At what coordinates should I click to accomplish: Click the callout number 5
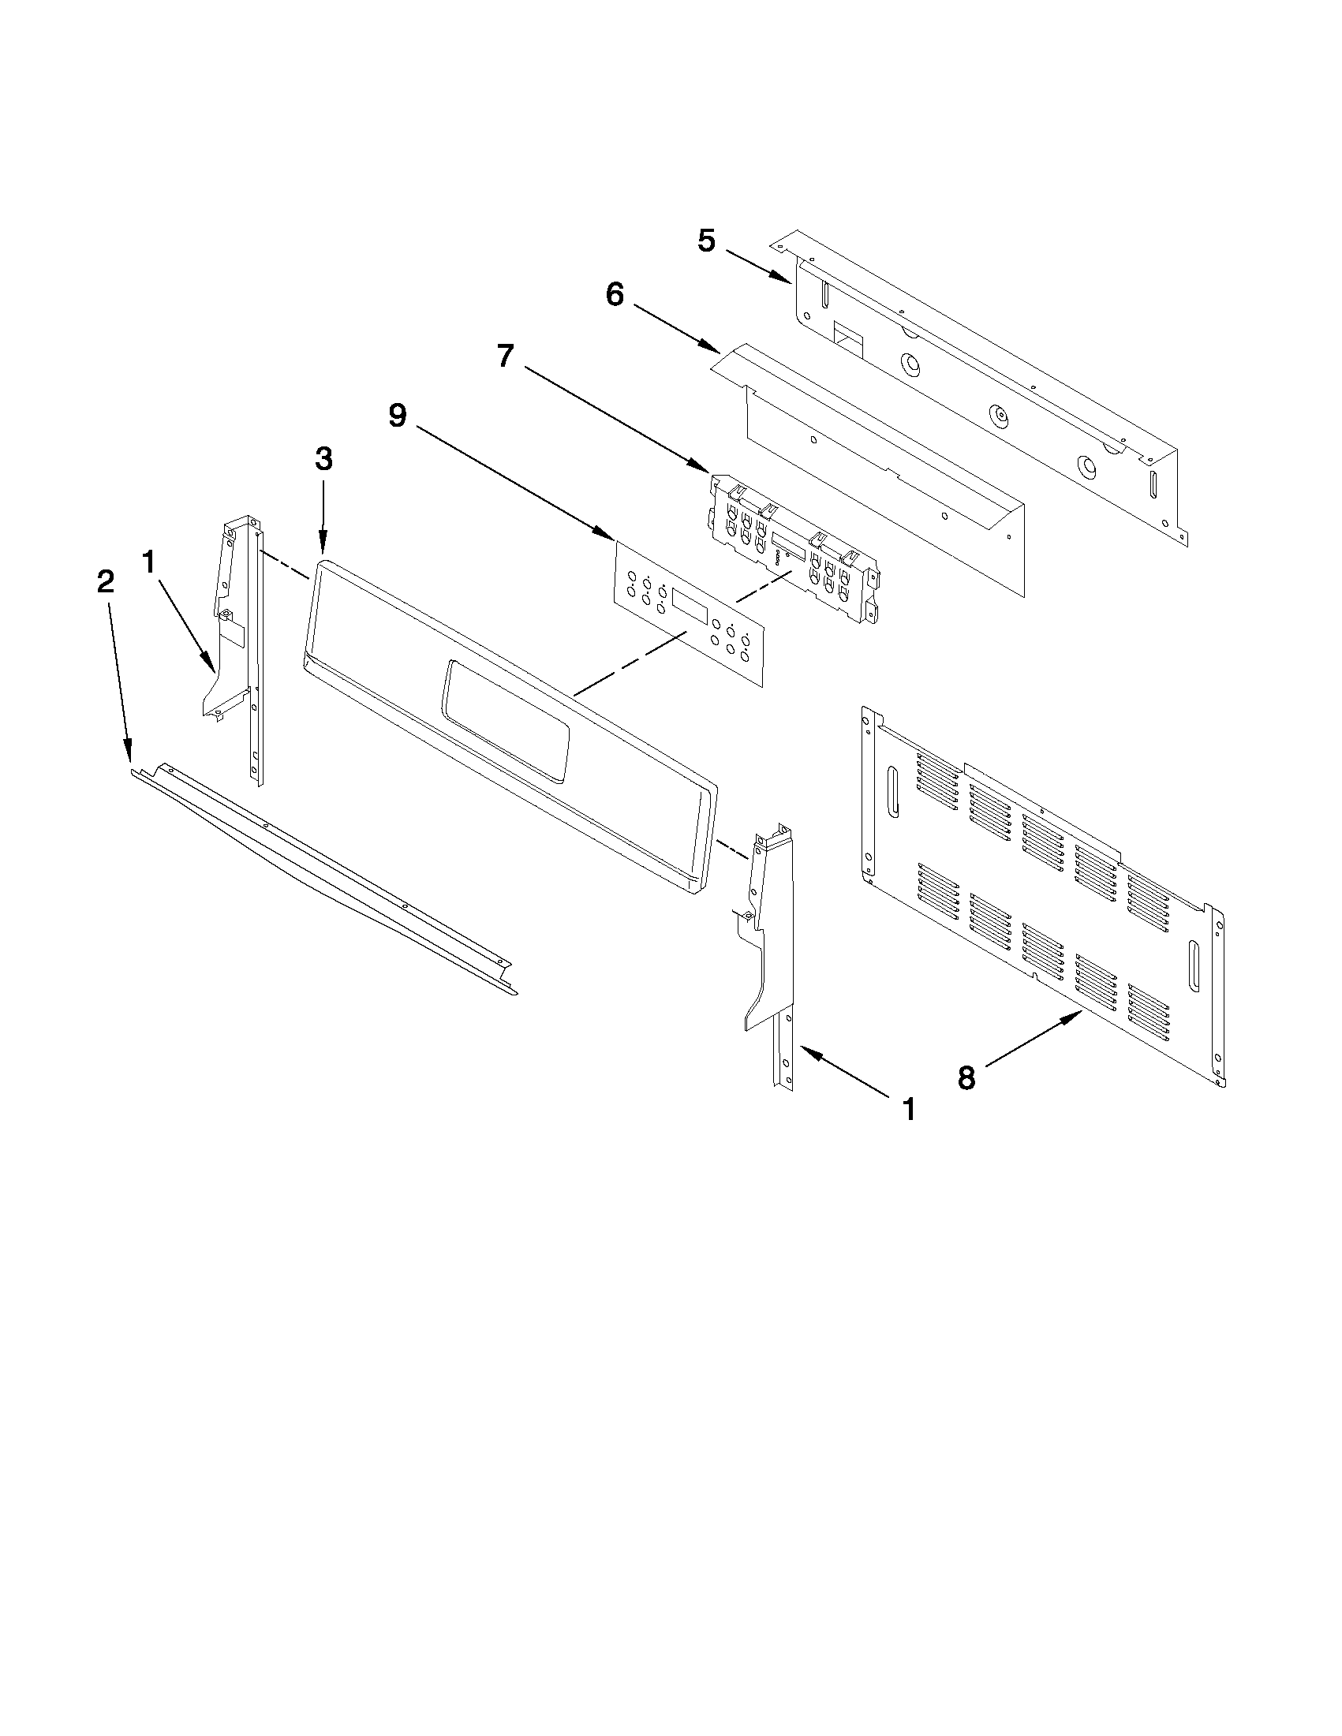point(706,240)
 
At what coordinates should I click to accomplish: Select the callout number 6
point(615,294)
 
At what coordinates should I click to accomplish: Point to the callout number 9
point(397,414)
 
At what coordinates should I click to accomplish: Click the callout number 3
point(323,458)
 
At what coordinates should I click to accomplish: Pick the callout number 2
point(105,582)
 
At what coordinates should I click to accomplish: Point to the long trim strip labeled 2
point(318,875)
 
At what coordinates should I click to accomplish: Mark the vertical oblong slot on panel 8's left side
point(892,792)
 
